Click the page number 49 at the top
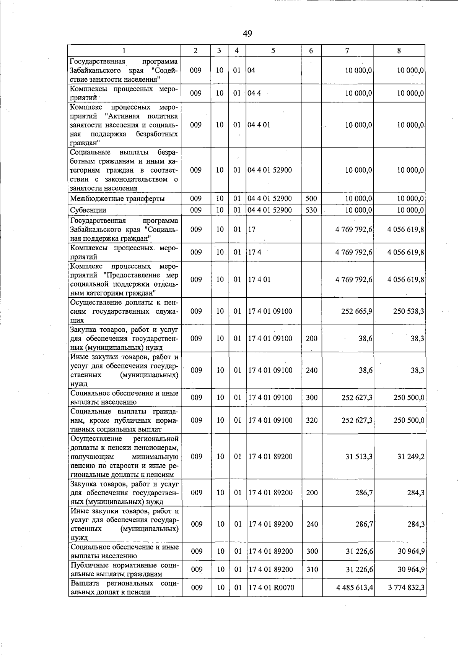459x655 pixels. click(x=247, y=34)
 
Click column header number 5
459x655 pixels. click(x=273, y=50)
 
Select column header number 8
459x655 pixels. click(x=399, y=50)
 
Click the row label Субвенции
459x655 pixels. click(x=88, y=210)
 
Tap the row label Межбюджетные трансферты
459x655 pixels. click(x=117, y=199)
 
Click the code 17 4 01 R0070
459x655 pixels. click(x=271, y=587)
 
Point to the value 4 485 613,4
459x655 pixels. click(x=355, y=587)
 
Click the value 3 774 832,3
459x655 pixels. click(x=406, y=587)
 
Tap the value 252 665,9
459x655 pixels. click(x=356, y=311)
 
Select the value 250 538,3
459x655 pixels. click(x=409, y=311)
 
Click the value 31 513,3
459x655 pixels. click(x=359, y=457)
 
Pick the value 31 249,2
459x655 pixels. click(x=410, y=457)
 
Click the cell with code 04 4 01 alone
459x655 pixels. click(x=259, y=125)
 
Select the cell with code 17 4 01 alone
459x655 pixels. click(x=259, y=280)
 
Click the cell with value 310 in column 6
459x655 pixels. click(x=312, y=569)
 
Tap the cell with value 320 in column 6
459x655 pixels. click(x=312, y=420)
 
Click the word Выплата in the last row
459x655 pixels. click(x=85, y=584)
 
